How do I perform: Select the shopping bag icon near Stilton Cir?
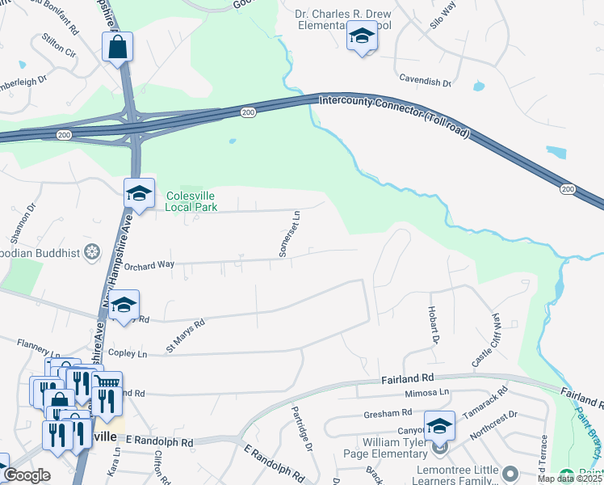(x=117, y=48)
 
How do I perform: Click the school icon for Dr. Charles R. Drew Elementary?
(x=362, y=36)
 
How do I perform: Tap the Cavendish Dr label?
(x=425, y=81)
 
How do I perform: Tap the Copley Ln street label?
(x=128, y=354)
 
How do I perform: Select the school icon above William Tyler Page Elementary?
(x=439, y=425)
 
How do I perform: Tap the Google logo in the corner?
(x=27, y=475)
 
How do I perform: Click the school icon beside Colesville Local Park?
(x=139, y=193)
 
